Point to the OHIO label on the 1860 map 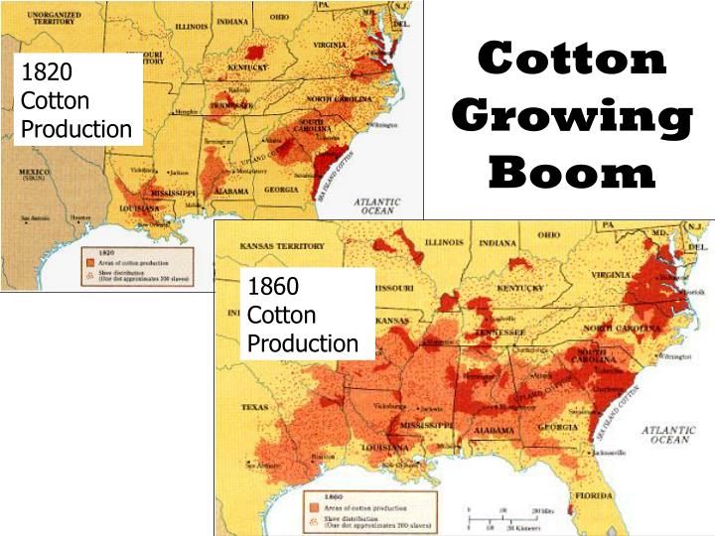(549, 235)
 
